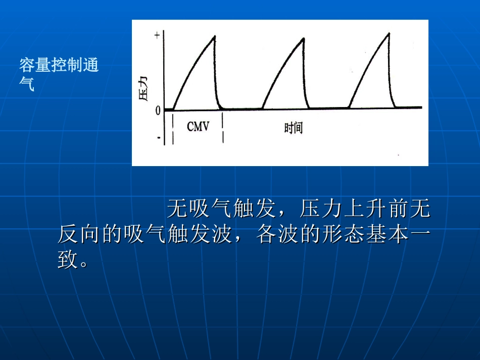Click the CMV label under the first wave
pos(198,126)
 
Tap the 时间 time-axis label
pos(293,128)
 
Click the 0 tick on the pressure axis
pos(158,110)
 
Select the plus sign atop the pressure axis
pos(157,35)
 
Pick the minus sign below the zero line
pos(158,137)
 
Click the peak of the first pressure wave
pos(214,36)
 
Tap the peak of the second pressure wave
pos(302,37)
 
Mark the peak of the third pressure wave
pos(389,33)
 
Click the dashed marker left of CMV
pos(173,129)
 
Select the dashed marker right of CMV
pos(223,128)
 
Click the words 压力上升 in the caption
pos(344,208)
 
